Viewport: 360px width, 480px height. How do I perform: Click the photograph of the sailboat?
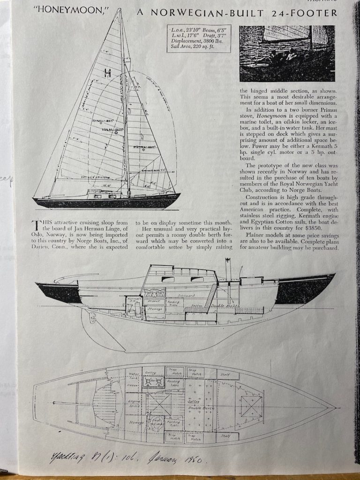[287, 53]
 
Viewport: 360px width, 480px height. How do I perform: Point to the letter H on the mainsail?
[107, 73]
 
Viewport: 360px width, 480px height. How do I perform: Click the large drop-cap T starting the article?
[35, 225]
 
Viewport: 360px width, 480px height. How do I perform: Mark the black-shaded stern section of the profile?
[60, 292]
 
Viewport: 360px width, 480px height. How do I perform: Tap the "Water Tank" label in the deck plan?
[134, 376]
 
